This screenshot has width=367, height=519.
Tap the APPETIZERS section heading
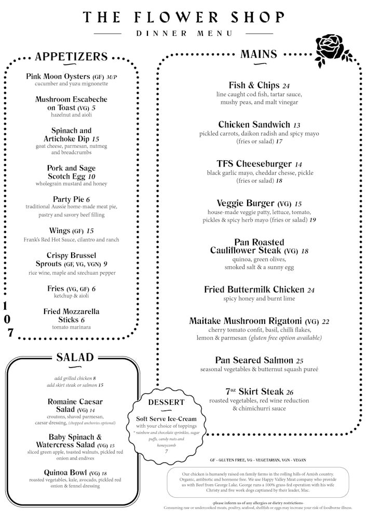(71, 57)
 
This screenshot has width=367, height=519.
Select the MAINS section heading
(259, 54)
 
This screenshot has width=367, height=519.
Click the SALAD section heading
(75, 357)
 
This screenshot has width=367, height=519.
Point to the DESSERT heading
(166, 402)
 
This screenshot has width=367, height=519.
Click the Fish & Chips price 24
(286, 86)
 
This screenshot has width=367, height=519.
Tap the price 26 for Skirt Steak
(289, 392)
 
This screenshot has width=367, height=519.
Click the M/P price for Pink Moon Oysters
(112, 77)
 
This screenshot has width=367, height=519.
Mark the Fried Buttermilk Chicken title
(254, 290)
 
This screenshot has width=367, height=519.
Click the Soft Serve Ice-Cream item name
(166, 419)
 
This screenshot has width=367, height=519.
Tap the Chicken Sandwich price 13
(296, 125)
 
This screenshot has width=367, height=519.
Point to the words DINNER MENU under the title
(184, 34)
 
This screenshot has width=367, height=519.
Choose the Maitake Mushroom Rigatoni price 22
(325, 322)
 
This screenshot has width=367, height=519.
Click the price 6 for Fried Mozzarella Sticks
(83, 320)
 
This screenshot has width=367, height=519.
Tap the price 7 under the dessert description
(166, 451)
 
